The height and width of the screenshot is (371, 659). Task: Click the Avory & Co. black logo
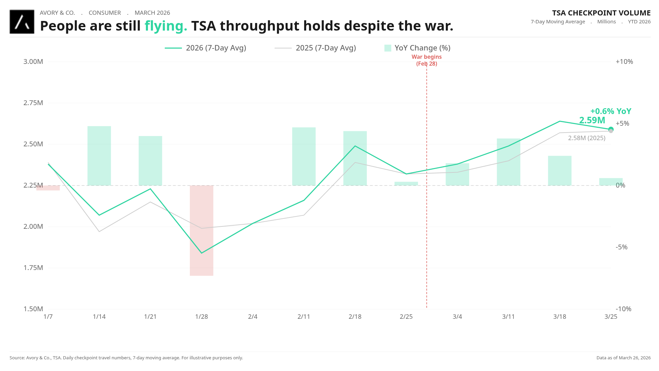point(22,22)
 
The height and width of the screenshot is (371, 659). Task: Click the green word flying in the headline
point(166,26)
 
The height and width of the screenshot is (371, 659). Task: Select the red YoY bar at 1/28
point(201,230)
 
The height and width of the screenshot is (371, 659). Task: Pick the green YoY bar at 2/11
point(304,156)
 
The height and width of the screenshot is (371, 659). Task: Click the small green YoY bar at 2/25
point(406,183)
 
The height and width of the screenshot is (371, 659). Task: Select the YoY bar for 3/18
point(559,170)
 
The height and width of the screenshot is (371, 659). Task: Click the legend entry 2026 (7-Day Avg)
point(206,48)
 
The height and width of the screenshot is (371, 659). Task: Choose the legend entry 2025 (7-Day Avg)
point(315,48)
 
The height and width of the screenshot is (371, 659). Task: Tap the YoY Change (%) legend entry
point(417,48)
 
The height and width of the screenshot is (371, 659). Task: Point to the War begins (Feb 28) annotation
point(427,60)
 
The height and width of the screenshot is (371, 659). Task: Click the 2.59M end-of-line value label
point(592,120)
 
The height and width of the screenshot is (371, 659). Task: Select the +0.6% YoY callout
point(611,111)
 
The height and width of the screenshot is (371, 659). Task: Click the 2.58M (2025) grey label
point(587,138)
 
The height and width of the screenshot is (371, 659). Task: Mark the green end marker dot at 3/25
point(611,129)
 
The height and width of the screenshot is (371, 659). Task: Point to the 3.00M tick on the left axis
point(33,62)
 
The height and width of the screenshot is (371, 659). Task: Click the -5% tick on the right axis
point(621,247)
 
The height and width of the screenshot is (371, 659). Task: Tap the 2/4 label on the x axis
point(253,317)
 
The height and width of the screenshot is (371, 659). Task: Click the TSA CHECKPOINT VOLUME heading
point(601,13)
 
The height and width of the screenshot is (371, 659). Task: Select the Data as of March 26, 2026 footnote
point(623,358)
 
